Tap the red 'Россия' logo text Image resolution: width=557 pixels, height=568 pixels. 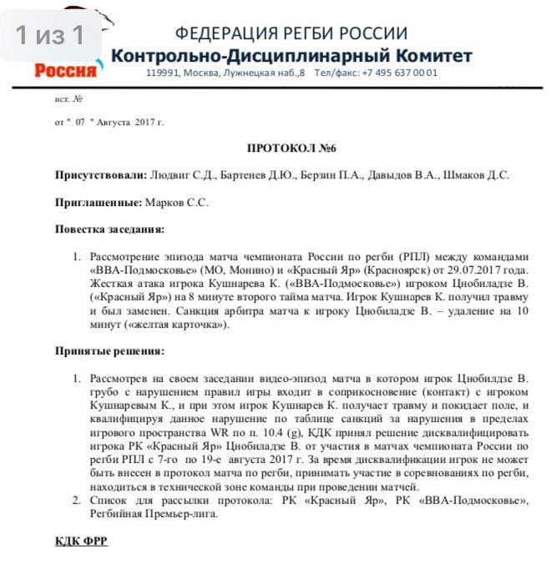coord(65,70)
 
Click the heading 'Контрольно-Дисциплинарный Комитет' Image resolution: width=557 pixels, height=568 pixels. coord(291,56)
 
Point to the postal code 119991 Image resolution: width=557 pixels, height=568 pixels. coord(161,73)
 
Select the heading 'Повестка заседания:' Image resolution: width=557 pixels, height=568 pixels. coord(109,229)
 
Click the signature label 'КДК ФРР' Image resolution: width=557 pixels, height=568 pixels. coord(81,541)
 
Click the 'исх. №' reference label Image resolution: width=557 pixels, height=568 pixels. coord(68,99)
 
